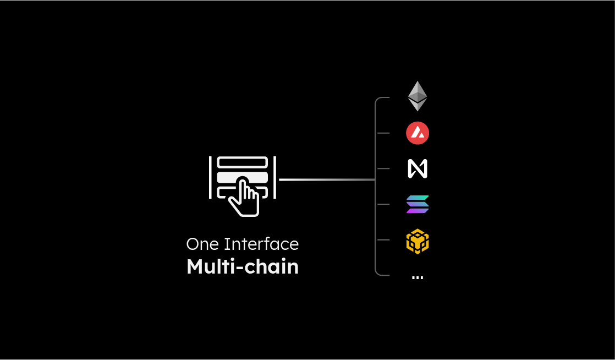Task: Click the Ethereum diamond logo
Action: click(418, 96)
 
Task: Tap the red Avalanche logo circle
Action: click(418, 133)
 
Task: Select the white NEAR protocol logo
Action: click(418, 169)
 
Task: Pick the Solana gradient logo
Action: click(418, 204)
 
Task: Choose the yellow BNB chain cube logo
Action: click(418, 241)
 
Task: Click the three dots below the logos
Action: click(418, 278)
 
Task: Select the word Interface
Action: click(261, 244)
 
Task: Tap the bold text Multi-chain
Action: click(243, 266)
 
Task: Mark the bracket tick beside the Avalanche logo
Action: click(383, 133)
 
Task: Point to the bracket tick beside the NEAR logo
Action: click(383, 169)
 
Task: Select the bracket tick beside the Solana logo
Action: click(383, 204)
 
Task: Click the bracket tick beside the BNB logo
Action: click(383, 240)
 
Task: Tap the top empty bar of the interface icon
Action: click(243, 162)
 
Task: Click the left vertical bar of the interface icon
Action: click(210, 177)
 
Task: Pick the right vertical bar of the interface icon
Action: click(275, 177)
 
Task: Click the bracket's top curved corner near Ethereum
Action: click(378, 99)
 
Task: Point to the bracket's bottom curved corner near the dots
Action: click(378, 273)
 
